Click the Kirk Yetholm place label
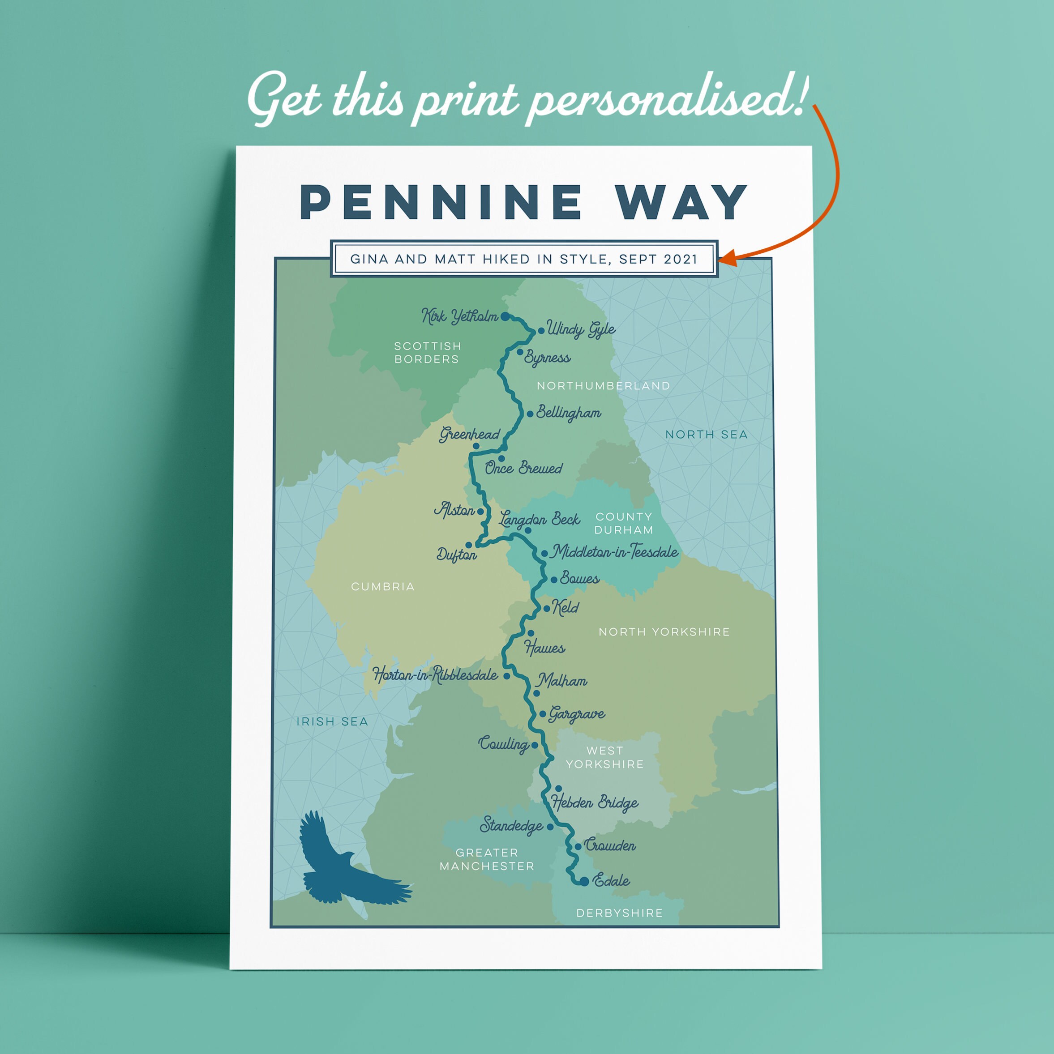coord(459,316)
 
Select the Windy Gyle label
coord(581,329)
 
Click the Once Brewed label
coord(523,468)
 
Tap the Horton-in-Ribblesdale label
coord(435,675)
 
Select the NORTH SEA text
coord(706,435)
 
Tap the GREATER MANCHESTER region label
coord(487,859)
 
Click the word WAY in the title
coord(681,202)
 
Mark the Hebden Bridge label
coord(595,802)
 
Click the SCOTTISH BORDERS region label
coord(428,352)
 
